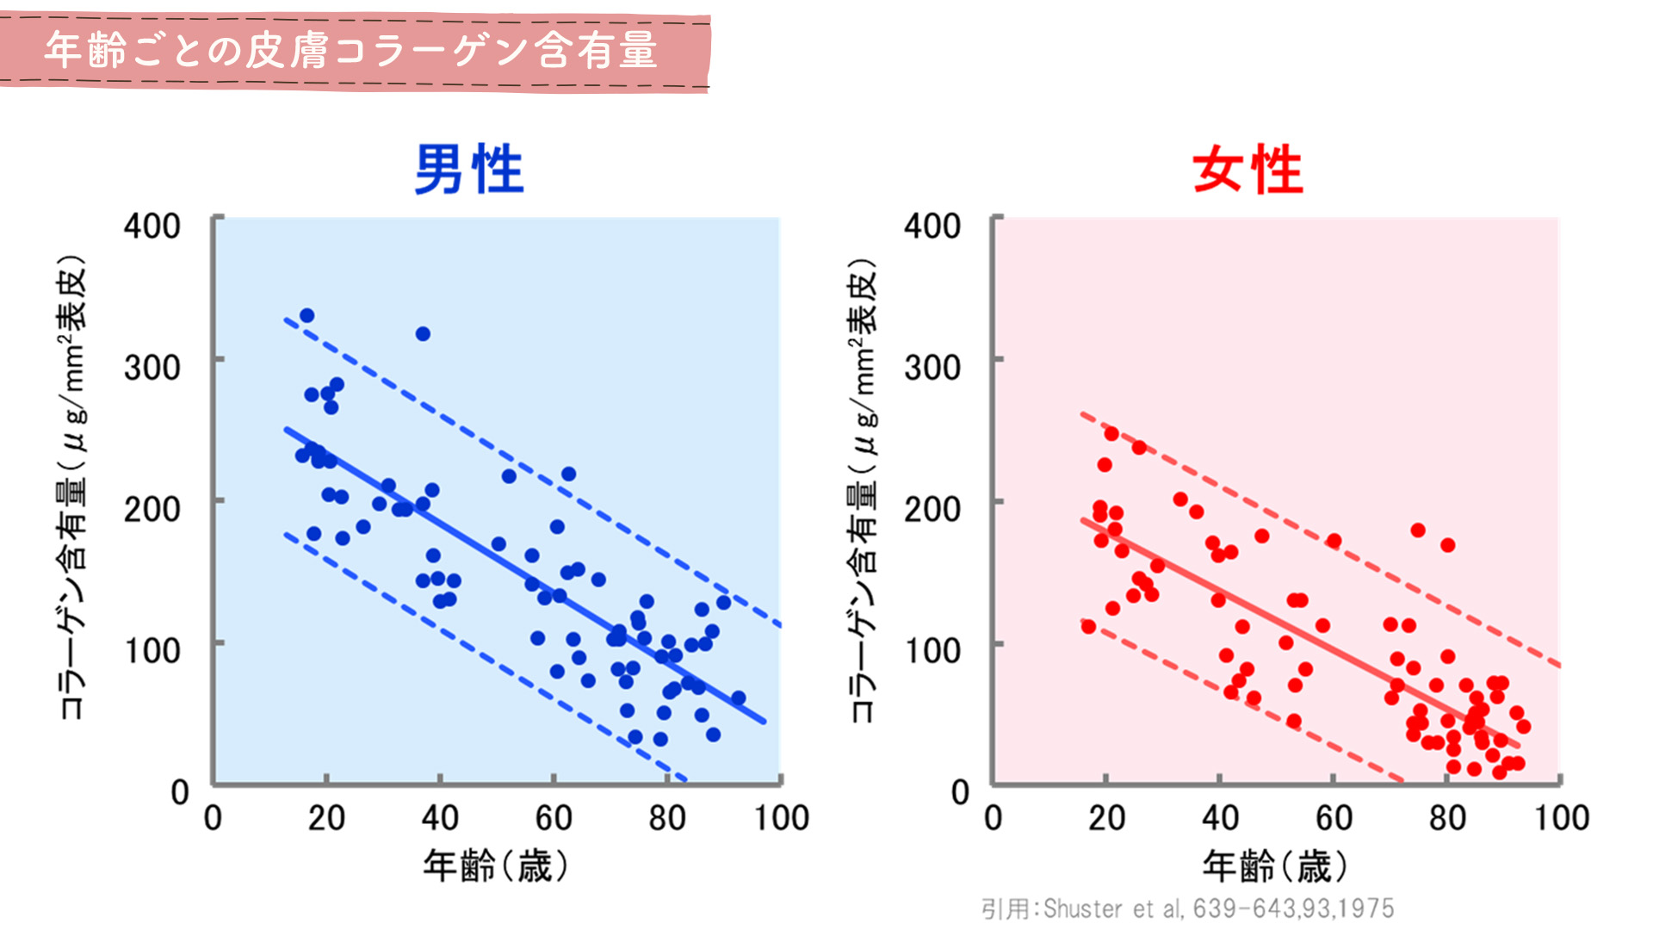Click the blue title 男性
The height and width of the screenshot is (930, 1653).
tap(469, 170)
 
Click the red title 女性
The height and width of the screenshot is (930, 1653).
tap(1248, 170)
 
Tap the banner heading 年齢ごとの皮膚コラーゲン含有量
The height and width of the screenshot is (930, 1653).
tap(351, 50)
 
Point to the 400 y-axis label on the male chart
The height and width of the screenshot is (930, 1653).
tap(152, 226)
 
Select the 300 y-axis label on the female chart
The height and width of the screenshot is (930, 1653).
tap(932, 368)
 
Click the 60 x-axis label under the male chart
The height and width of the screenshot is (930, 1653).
tap(553, 818)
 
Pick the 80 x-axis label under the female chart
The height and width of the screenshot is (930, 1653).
tap(1447, 818)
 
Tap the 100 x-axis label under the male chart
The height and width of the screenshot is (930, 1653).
tap(782, 818)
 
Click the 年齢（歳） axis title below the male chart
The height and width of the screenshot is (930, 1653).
tap(496, 865)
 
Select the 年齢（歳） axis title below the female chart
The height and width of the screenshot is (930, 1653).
tap(1275, 865)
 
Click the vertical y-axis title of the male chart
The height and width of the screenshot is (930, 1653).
tap(72, 487)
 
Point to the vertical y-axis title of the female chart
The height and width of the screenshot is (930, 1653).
tap(864, 487)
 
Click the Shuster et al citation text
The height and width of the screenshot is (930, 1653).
tap(1188, 908)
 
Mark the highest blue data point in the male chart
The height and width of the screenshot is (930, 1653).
tap(306, 316)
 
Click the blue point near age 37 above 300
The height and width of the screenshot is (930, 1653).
tap(423, 334)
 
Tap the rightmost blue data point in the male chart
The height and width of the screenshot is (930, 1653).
tap(738, 697)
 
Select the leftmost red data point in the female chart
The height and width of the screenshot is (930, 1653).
tap(1088, 626)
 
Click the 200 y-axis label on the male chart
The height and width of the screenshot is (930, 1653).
tap(152, 510)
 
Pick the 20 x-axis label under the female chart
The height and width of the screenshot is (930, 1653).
tap(1106, 818)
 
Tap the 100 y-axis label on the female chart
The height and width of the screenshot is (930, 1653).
tap(932, 651)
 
